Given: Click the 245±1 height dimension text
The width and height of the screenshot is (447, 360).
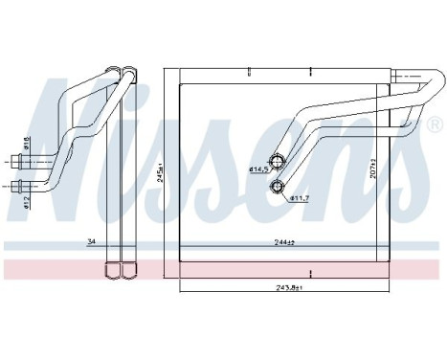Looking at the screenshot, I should (162, 169).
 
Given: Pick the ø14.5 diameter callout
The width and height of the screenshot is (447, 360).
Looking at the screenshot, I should (258, 170).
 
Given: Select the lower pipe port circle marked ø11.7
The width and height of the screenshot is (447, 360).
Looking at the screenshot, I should (278, 184).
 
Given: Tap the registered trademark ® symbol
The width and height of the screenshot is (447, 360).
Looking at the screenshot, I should (436, 126).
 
